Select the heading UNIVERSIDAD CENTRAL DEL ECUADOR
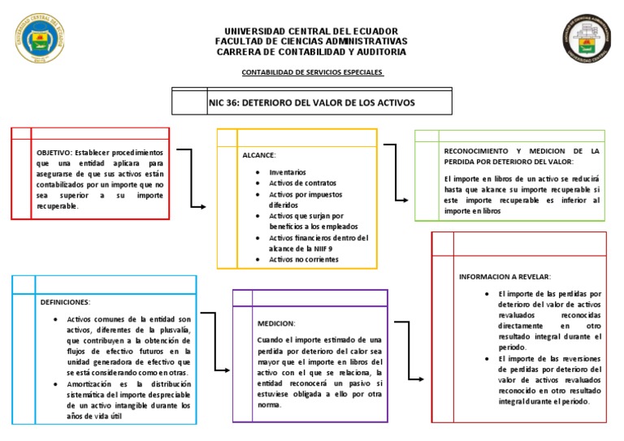pyautogui.click(x=311, y=31)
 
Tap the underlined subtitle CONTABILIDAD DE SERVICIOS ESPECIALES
pyautogui.click(x=312, y=72)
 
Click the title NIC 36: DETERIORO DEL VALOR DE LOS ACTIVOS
pyautogui.click(x=311, y=103)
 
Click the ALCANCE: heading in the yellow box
pyautogui.click(x=259, y=154)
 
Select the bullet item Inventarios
pyautogui.click(x=288, y=173)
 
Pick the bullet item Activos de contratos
pyautogui.click(x=302, y=184)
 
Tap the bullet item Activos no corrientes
pyautogui.click(x=303, y=259)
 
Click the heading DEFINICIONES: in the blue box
pyautogui.click(x=66, y=301)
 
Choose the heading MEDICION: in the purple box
pyautogui.click(x=276, y=323)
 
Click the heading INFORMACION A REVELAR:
pyautogui.click(x=505, y=276)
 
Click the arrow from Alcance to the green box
pyautogui.click(x=396, y=172)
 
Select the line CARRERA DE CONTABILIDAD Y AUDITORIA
pyautogui.click(x=311, y=52)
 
